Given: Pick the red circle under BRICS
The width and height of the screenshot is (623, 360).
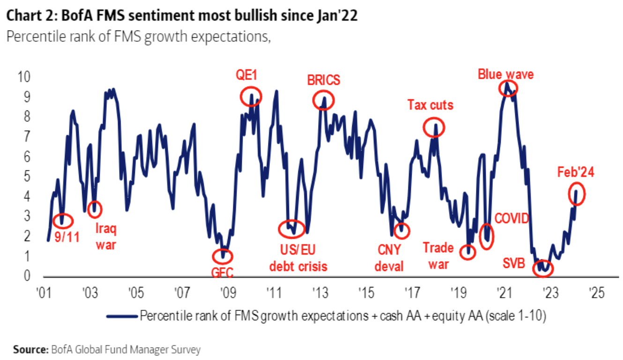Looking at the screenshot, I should [x=323, y=100].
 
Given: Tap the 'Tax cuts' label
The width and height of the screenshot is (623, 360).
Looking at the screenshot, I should [x=430, y=104].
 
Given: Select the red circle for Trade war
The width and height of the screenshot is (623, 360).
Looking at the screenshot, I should [x=468, y=252].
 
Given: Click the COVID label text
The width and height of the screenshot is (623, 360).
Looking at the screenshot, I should [x=512, y=218].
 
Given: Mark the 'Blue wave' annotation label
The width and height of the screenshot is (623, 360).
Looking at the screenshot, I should [x=505, y=74].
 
